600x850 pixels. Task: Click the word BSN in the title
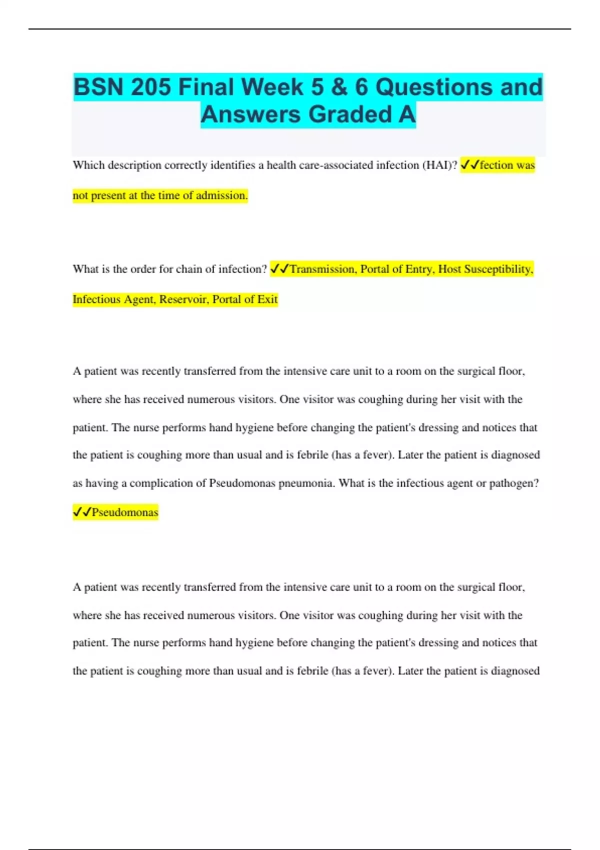(x=98, y=87)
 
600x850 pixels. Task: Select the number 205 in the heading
(x=150, y=87)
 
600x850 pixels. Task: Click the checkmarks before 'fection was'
(x=469, y=164)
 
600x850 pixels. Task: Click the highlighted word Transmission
(x=322, y=269)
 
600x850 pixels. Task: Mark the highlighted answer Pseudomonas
(x=125, y=512)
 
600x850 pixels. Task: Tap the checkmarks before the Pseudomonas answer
(x=82, y=511)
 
